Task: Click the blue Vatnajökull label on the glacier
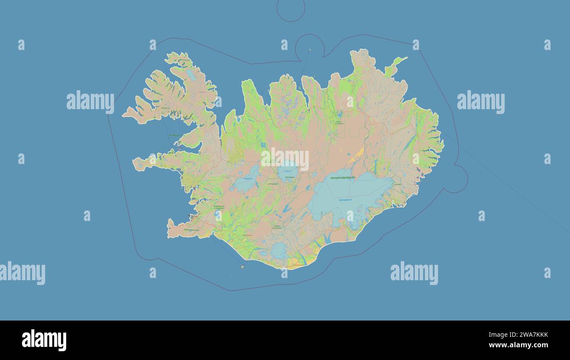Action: coord(345,200)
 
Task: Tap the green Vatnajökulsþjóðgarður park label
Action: coord(342,178)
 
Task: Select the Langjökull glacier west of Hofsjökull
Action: coord(245,179)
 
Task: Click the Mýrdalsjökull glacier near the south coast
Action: coord(279,250)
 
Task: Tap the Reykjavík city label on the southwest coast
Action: coord(193,215)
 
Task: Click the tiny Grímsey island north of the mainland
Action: coord(310,50)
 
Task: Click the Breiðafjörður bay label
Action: coord(174,135)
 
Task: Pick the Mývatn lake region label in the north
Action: coord(339,122)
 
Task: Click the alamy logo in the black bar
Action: coord(44,340)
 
